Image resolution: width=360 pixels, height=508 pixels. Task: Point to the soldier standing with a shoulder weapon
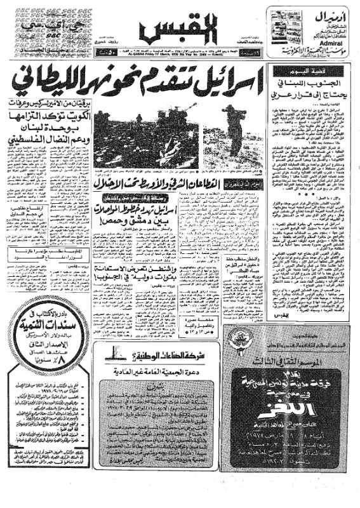[232, 133]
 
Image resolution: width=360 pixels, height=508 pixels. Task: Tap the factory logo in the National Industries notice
[117, 351]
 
